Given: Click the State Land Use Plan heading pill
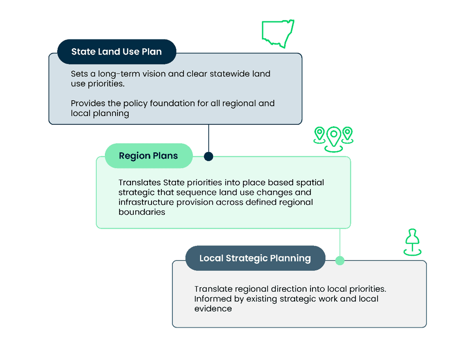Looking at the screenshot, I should pyautogui.click(x=116, y=52).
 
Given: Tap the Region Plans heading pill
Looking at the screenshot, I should pyautogui.click(x=148, y=156).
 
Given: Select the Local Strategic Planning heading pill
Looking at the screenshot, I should pyautogui.click(x=255, y=258).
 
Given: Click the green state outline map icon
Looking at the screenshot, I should pyautogui.click(x=278, y=34).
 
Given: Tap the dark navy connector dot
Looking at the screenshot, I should pyautogui.click(x=208, y=157).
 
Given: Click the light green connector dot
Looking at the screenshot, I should pyautogui.click(x=340, y=260).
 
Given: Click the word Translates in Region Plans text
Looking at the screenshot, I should pyautogui.click(x=139, y=183).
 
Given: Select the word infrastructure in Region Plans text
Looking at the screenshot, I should pyautogui.click(x=143, y=202).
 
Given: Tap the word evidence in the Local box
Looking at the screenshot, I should pyautogui.click(x=213, y=309).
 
